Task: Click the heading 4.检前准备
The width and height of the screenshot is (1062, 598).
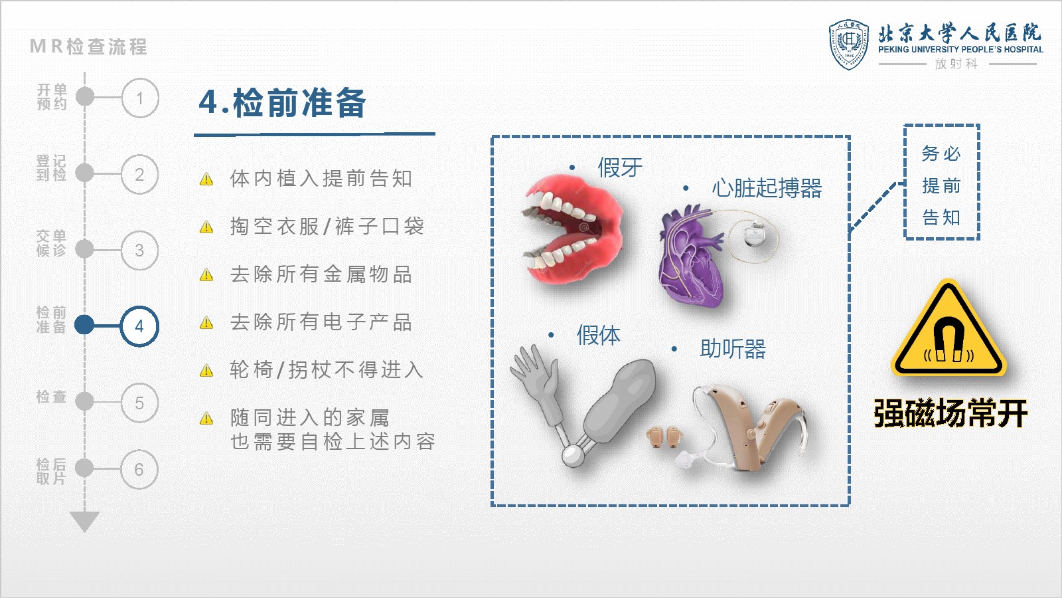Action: tap(283, 103)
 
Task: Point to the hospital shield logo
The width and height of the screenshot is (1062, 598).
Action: tap(849, 45)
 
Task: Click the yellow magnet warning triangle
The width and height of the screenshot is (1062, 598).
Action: tap(948, 330)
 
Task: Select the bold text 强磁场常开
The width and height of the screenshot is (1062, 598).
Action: tap(950, 413)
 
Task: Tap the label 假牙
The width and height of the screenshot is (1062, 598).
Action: tap(620, 167)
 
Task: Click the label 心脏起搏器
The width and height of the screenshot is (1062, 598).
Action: tap(767, 188)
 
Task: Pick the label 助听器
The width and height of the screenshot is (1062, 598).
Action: tap(733, 349)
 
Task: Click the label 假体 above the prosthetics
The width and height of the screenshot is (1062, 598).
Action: tap(598, 335)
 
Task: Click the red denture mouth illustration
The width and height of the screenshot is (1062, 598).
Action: tap(573, 229)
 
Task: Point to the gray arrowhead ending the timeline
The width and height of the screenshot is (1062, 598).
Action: tap(84, 522)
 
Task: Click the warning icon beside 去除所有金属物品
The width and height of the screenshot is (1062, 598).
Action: tap(206, 275)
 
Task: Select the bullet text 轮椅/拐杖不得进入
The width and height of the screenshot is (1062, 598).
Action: tap(327, 369)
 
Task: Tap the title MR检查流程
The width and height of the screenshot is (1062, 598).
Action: tap(89, 47)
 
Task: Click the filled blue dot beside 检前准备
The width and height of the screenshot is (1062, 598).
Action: tap(84, 325)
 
